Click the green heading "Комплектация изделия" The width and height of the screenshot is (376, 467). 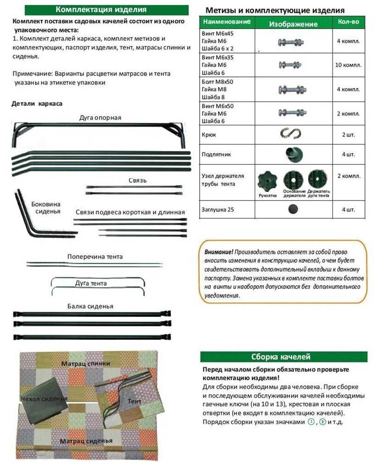point(101,10)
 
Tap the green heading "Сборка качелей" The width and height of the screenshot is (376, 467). point(283,357)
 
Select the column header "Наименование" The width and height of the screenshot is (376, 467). point(227,22)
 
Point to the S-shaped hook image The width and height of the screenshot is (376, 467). point(290,134)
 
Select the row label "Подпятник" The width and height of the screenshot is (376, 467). point(216,154)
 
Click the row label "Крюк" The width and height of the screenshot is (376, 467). point(209,135)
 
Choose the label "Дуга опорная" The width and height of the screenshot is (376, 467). point(100,118)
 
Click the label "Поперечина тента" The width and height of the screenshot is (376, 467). point(95,256)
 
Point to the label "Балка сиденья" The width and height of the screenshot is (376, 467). point(90,306)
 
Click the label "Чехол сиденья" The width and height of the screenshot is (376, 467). point(44,398)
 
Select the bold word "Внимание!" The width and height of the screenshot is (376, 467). point(219,252)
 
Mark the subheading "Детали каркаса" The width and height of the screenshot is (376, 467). point(37,103)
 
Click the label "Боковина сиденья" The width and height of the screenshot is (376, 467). point(46,207)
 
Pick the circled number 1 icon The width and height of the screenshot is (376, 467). point(311,422)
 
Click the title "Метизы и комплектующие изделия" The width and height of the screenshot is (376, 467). point(275,10)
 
